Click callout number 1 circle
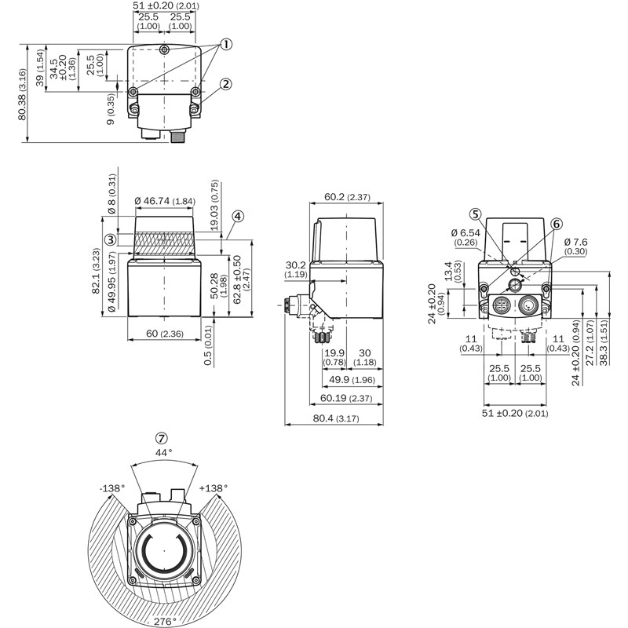tap(226, 44)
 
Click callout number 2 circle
tap(226, 85)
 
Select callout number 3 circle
tap(111, 239)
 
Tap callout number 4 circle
tap(238, 216)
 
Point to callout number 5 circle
tap(476, 214)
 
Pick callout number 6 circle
tap(557, 224)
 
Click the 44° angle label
tap(162, 453)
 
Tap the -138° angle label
tap(112, 488)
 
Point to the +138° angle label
tap(214, 488)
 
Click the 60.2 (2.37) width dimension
tap(345, 197)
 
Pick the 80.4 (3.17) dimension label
tap(333, 418)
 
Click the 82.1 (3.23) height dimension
tap(95, 272)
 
